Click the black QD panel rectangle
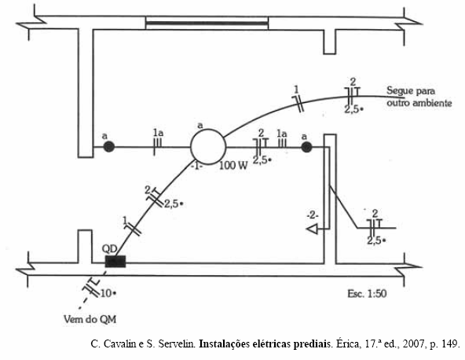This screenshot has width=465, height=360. pyautogui.click(x=115, y=262)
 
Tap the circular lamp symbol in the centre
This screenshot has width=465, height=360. pyautogui.click(x=208, y=147)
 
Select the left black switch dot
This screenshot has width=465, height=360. pyautogui.click(x=109, y=147)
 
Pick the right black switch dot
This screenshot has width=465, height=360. pyautogui.click(x=306, y=147)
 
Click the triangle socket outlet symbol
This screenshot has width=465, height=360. pyautogui.click(x=312, y=229)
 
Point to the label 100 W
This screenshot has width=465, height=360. pyautogui.click(x=233, y=166)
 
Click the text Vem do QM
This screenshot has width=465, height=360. pyautogui.click(x=90, y=320)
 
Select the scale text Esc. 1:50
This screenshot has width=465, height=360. pyautogui.click(x=367, y=294)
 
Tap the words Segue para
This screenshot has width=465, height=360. pyautogui.click(x=411, y=91)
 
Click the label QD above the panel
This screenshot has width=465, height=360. pyautogui.click(x=110, y=248)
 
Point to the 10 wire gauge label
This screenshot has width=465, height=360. pyautogui.click(x=106, y=293)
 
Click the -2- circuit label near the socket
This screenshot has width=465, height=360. pyautogui.click(x=313, y=215)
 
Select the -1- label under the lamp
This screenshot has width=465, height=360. pyautogui.click(x=197, y=166)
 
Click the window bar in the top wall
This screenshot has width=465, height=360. pyautogui.click(x=207, y=23)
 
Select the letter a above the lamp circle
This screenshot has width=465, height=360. pyautogui.click(x=200, y=126)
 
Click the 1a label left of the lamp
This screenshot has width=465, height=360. pyautogui.click(x=158, y=134)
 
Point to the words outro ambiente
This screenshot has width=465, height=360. pyautogui.click(x=419, y=103)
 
